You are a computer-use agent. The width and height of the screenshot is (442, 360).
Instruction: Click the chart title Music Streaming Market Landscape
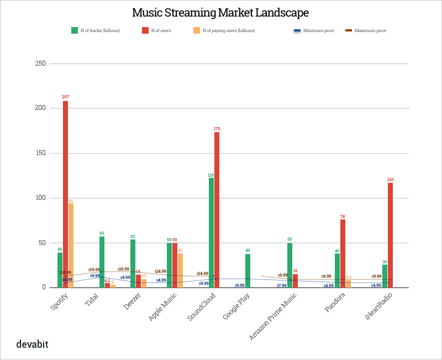pos(220,12)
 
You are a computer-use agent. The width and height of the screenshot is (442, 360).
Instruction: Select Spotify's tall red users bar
pos(66,193)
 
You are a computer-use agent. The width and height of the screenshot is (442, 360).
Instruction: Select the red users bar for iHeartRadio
pos(391,232)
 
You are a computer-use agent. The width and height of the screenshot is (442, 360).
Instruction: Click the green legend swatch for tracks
pos(75,30)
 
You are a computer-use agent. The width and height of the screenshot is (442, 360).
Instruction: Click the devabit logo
pos(32,345)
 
